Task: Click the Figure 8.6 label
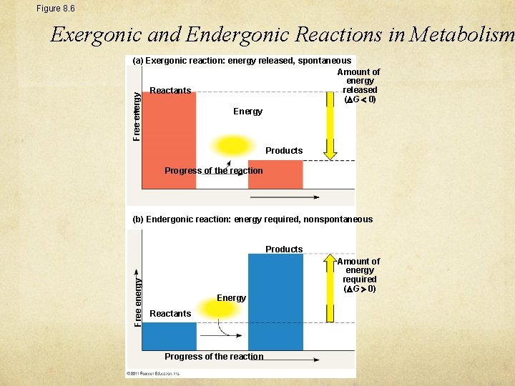tap(54, 9)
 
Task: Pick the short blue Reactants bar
tap(170, 335)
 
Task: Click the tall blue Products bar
tap(275, 300)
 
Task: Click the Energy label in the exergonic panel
tap(247, 112)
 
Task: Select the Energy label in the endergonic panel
tap(231, 297)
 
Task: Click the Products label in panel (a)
tap(284, 151)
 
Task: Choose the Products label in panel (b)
tap(284, 249)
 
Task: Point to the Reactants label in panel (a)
tap(170, 91)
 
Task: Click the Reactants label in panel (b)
tap(170, 314)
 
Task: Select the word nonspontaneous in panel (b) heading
tap(338, 219)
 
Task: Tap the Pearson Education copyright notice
tap(153, 373)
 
